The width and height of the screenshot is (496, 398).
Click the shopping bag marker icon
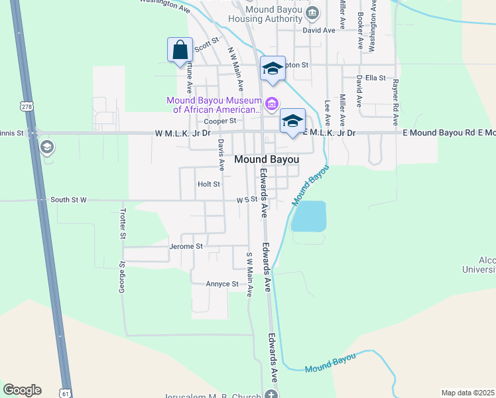(180, 50)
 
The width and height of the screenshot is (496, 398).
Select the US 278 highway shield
(27, 106)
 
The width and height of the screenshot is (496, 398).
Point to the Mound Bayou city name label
(267, 160)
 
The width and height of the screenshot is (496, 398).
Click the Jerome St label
(186, 246)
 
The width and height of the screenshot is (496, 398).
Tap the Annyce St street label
(222, 284)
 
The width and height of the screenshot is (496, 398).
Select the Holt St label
(208, 184)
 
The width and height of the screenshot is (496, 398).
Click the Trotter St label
(123, 224)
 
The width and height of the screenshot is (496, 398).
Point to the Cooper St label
(220, 121)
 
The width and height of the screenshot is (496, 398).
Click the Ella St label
(375, 78)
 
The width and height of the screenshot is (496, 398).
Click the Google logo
(22, 390)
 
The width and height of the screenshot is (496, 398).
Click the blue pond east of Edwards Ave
(309, 216)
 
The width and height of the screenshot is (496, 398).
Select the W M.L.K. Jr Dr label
(182, 133)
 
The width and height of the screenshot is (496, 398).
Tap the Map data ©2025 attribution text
(467, 393)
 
